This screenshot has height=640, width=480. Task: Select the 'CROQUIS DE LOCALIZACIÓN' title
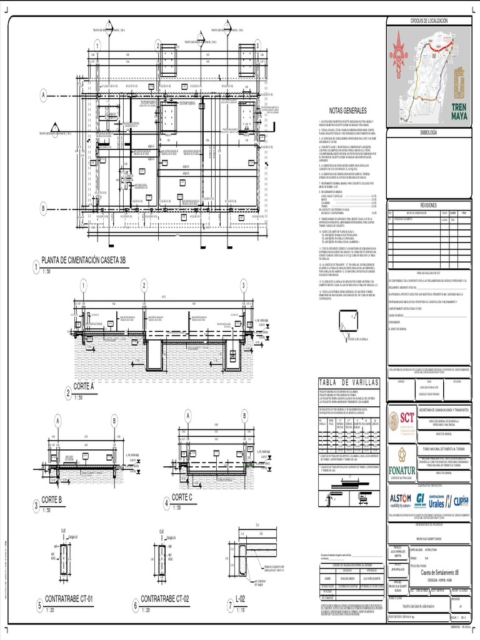coord(430,21)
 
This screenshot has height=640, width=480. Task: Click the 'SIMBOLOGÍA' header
coord(430,133)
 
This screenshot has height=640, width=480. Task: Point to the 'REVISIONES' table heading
coord(430,204)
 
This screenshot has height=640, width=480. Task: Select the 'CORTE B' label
coord(52,499)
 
